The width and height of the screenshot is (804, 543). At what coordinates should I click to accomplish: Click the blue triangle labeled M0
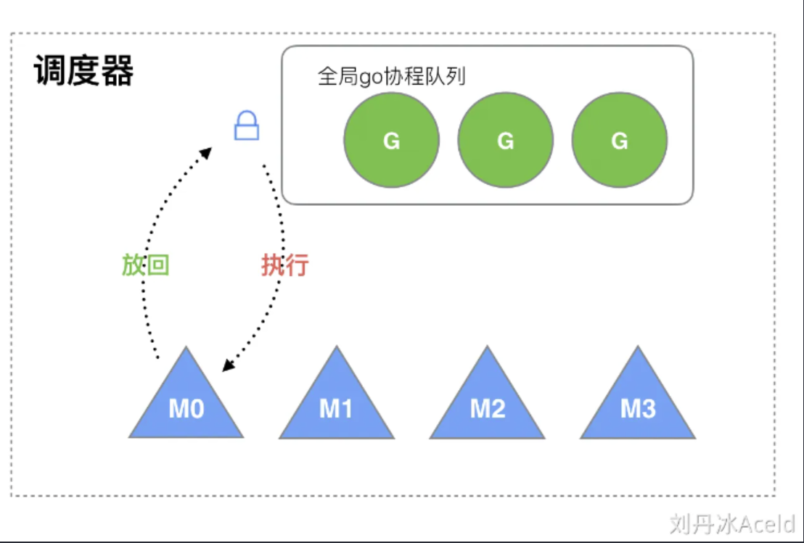coord(186,402)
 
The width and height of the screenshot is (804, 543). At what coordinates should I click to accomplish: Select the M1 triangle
coord(336,402)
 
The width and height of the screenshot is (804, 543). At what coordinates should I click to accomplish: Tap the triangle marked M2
coord(487,402)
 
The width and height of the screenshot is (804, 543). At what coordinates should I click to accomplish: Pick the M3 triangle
coord(638,402)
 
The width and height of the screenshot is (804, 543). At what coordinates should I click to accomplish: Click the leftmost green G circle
coord(391,141)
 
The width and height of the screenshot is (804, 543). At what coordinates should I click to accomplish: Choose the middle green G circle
coord(505,141)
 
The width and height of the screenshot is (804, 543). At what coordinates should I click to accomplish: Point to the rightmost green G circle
coord(619,141)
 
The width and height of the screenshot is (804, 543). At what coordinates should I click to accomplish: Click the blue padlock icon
coord(246,127)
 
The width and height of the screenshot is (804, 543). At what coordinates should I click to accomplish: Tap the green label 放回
coord(145,265)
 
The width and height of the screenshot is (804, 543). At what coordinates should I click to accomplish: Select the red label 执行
coord(284,265)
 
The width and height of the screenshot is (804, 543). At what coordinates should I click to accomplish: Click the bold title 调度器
coord(83,72)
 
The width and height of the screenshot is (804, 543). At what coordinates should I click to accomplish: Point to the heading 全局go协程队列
coord(391,77)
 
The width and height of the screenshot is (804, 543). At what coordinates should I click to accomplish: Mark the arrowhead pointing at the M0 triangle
coord(227,367)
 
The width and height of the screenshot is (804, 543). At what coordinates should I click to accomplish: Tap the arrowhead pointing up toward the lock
coord(206,152)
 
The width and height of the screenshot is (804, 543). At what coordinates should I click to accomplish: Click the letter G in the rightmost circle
coord(619,141)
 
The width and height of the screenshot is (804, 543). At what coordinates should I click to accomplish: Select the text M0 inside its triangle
coord(186,410)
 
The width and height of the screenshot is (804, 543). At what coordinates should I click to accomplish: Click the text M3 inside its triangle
coord(638,410)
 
